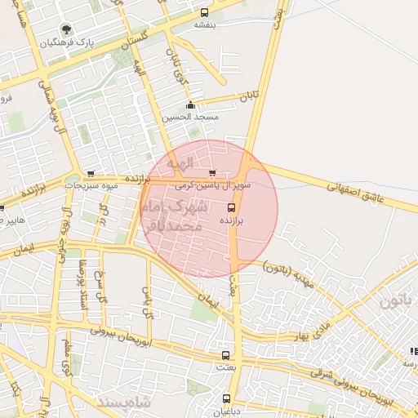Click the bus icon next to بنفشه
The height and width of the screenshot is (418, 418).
204,12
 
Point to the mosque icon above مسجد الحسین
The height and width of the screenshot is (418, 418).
191,104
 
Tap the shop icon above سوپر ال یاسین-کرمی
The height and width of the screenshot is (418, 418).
213,173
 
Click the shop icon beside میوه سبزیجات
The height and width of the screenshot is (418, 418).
90,173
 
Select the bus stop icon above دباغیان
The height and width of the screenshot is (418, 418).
226,399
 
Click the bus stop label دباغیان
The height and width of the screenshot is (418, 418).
226,412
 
